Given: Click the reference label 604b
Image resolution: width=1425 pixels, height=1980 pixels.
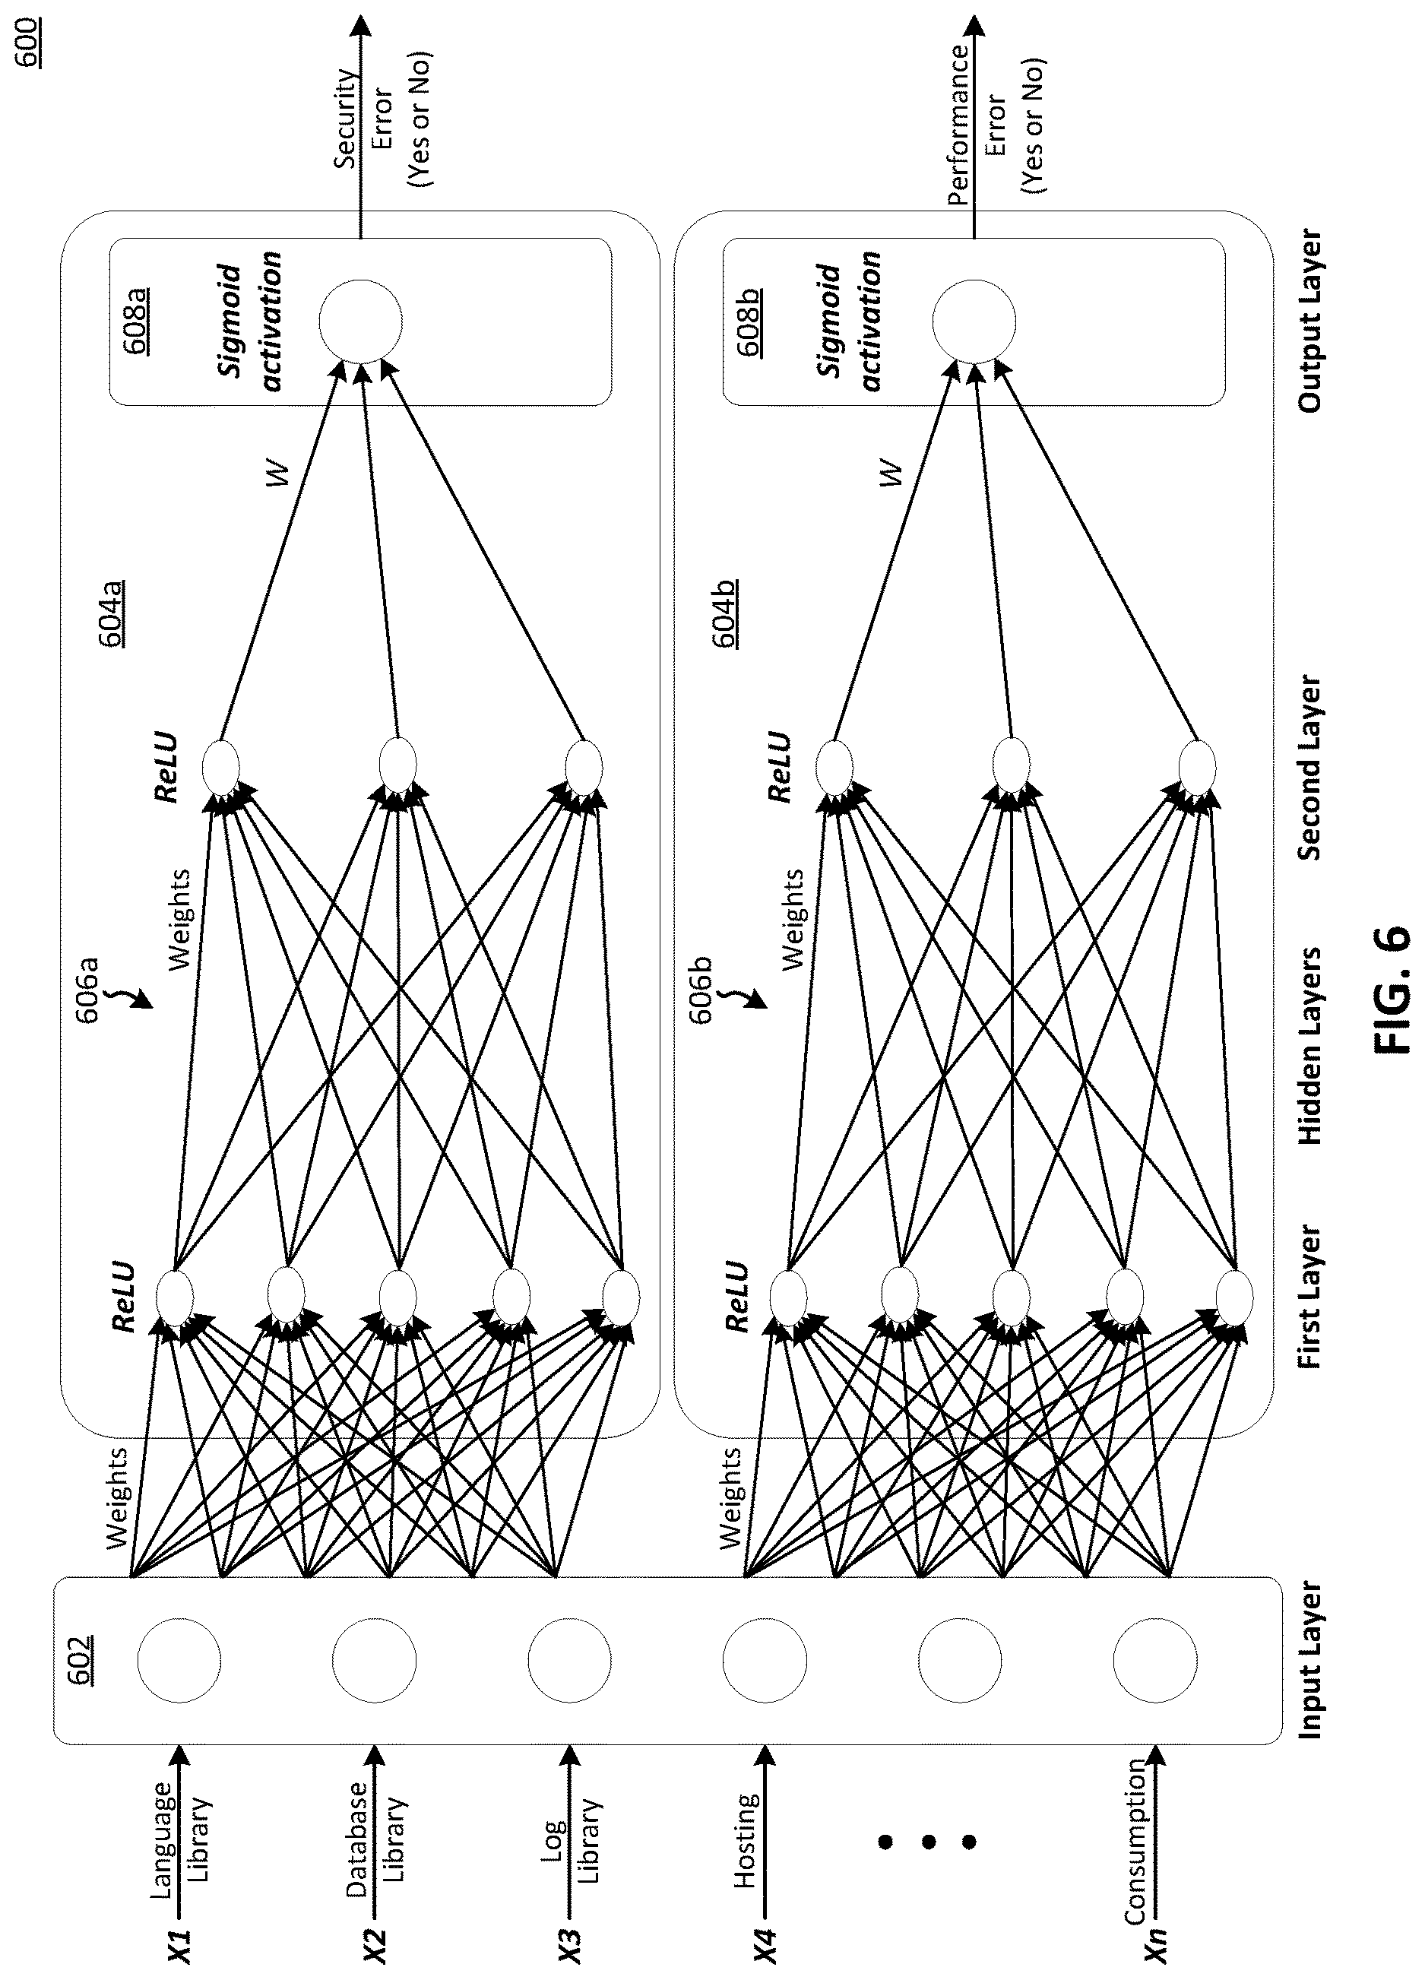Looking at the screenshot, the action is pos(726,610).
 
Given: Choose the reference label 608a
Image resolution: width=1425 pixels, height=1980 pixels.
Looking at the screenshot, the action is pos(135,322).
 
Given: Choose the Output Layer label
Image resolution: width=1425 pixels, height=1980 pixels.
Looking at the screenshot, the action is pos(1309,322).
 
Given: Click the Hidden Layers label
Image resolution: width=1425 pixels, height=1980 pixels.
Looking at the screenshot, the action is pos(1309,1046).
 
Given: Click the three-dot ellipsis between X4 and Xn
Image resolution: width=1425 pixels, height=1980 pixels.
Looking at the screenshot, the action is pos(928,1842).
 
